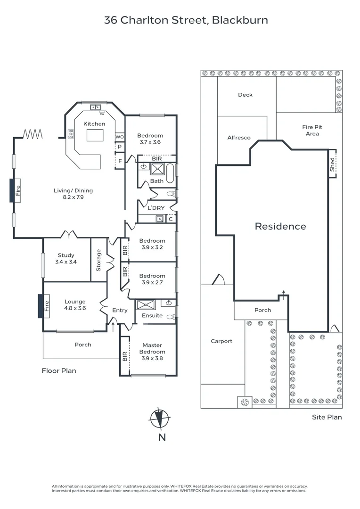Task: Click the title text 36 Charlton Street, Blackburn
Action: [x=186, y=20]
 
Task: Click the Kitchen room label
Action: [x=94, y=123]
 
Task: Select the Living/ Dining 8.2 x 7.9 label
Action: [x=73, y=194]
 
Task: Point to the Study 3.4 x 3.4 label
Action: [x=66, y=258]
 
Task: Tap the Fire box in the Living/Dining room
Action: [x=17, y=190]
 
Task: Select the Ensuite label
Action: [x=152, y=315]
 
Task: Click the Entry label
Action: [x=120, y=310]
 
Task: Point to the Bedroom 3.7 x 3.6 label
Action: [x=151, y=139]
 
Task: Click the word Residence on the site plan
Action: [x=280, y=226]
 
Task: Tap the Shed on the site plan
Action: [x=332, y=164]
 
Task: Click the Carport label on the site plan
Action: [x=221, y=341]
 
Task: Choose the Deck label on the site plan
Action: [x=245, y=95]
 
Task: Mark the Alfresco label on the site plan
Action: [x=239, y=138]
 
